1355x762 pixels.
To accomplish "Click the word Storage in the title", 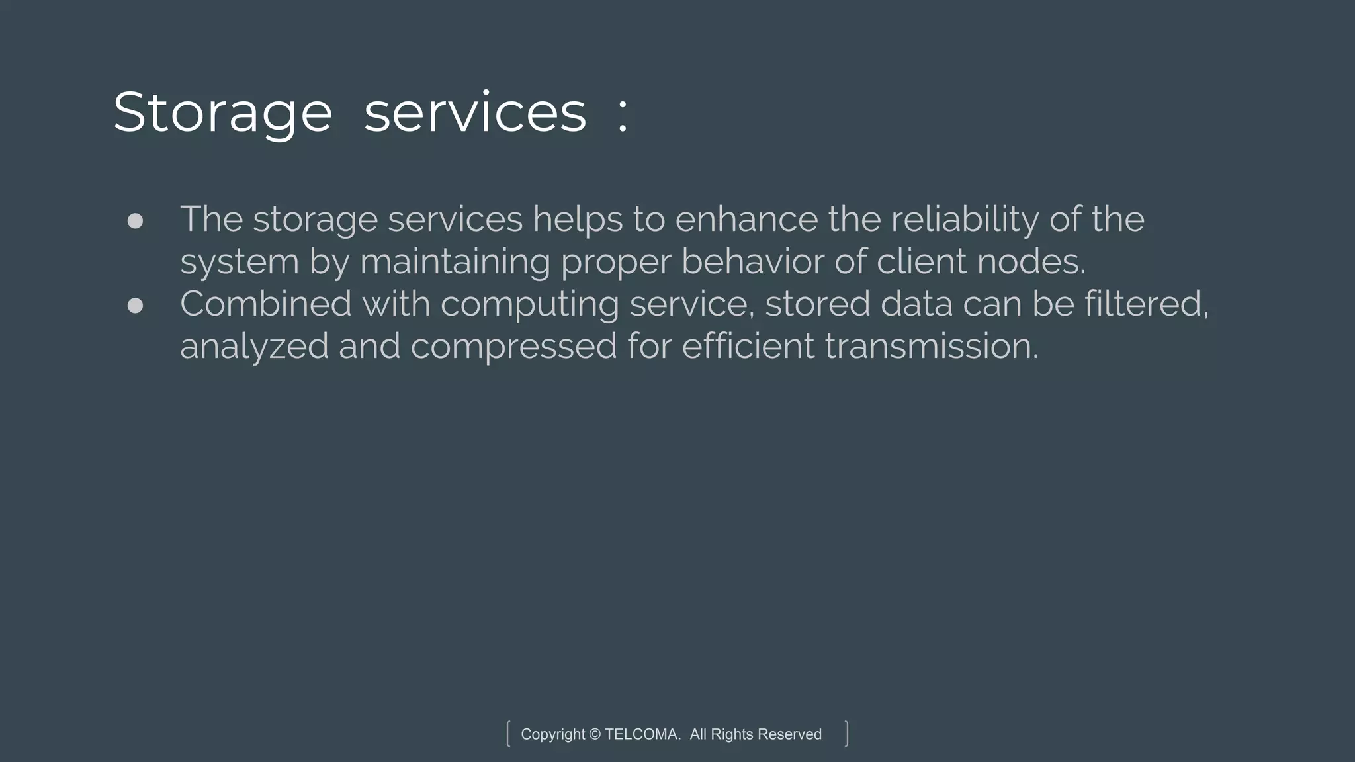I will click(x=222, y=113).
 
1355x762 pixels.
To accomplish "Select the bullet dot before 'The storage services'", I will click(x=135, y=221).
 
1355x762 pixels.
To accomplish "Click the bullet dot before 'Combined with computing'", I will click(x=135, y=305).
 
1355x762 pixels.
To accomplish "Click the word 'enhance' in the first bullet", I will click(x=746, y=220).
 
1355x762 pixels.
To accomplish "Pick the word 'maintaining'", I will click(x=455, y=262).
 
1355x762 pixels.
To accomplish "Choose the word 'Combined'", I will click(x=265, y=304).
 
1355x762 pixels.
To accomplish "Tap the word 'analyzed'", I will click(x=254, y=347).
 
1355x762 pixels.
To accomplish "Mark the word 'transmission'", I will click(x=930, y=347).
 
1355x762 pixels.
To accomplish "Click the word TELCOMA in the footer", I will click(x=641, y=734).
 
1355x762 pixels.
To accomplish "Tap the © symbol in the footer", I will click(x=594, y=734).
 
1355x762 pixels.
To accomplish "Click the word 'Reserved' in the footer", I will click(x=789, y=734).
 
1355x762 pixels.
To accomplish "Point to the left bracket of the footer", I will click(x=508, y=734).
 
